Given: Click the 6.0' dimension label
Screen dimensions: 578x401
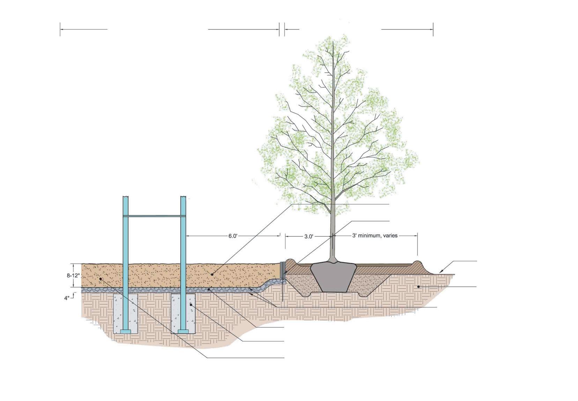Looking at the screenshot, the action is [233, 236].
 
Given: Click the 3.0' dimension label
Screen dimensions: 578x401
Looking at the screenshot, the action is [309, 236].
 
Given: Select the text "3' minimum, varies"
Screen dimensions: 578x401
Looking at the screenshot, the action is [375, 236].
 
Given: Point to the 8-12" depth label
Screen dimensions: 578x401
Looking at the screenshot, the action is [74, 275].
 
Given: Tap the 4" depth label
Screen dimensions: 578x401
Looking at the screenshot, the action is [67, 298].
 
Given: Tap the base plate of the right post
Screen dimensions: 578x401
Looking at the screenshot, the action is [183, 331].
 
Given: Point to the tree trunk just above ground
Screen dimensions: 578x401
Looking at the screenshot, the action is [333, 252].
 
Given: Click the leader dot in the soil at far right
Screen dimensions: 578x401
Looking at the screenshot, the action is [419, 287].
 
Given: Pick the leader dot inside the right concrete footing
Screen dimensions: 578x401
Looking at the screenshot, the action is [191, 305].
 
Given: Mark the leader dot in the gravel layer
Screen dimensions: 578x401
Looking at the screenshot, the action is [209, 289].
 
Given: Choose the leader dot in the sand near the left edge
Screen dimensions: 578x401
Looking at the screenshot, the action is [101, 279].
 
